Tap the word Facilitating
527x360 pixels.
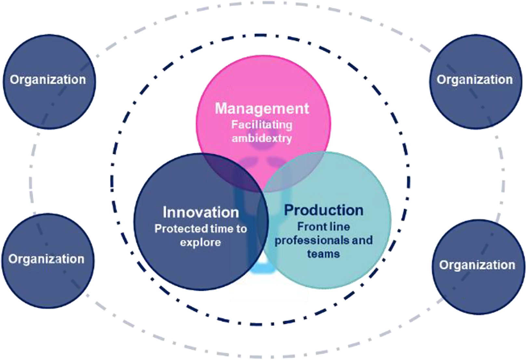pos(262,125)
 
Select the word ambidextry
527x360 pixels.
pos(262,138)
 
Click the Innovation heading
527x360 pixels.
pos(201,212)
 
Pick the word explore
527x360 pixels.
pos(200,242)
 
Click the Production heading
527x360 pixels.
pos(324,210)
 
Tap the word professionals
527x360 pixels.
pos(313,241)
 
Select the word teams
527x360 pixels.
pos(323,254)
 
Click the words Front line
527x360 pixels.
pos(324,227)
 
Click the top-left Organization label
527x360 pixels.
pos(48,80)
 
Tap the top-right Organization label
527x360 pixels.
pos(475,80)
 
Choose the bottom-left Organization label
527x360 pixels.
pos(46,259)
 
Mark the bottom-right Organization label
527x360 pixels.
pos(477,265)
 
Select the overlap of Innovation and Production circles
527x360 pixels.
pos(263,226)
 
